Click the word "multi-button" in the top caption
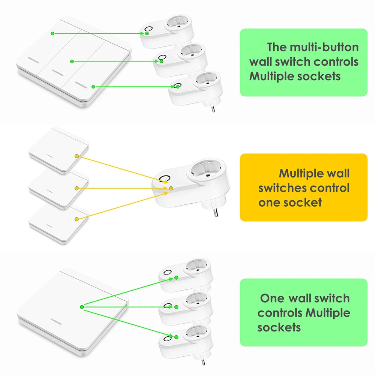point(324,47)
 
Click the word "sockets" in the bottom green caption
point(279,327)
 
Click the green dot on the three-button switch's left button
point(53,33)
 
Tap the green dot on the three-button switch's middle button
point(72,61)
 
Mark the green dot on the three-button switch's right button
point(93,87)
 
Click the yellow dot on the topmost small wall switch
point(76,156)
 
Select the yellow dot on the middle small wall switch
point(76,188)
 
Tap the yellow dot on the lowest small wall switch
point(76,219)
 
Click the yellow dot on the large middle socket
point(171,188)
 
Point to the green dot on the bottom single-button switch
point(81,307)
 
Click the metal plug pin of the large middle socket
point(216,212)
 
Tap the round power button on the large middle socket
point(164,178)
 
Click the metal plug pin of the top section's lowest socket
point(213,108)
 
